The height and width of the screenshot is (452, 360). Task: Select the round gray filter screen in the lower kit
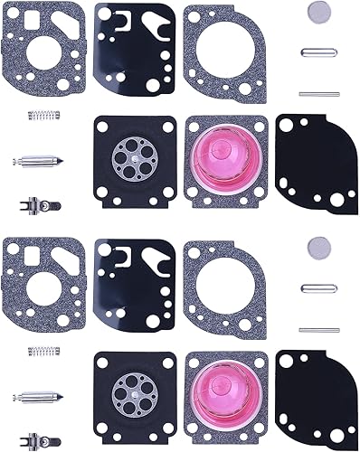tap(316, 245)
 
